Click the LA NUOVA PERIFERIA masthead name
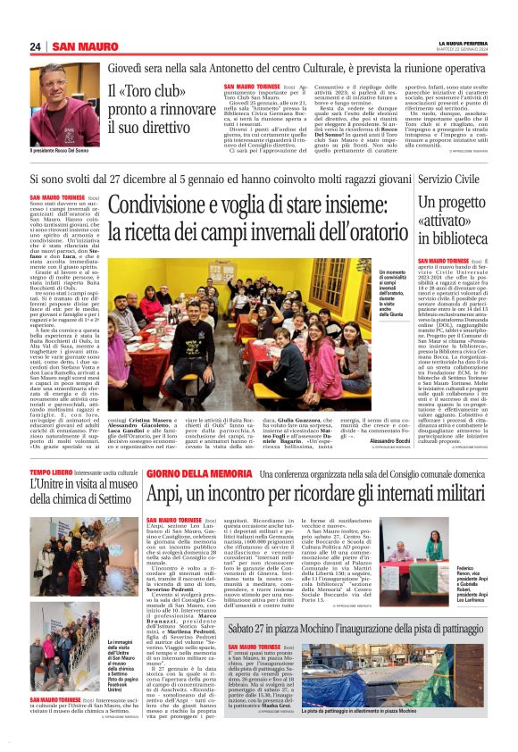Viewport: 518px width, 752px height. point(464,42)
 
